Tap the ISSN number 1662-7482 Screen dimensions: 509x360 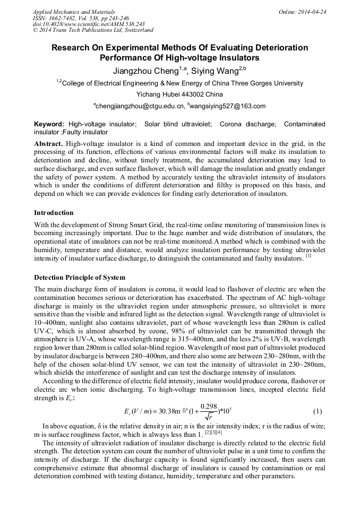click(x=62, y=18)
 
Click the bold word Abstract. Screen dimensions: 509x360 click(x=48, y=144)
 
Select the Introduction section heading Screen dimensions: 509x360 click(x=54, y=213)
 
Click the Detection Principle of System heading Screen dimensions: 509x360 click(x=80, y=278)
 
